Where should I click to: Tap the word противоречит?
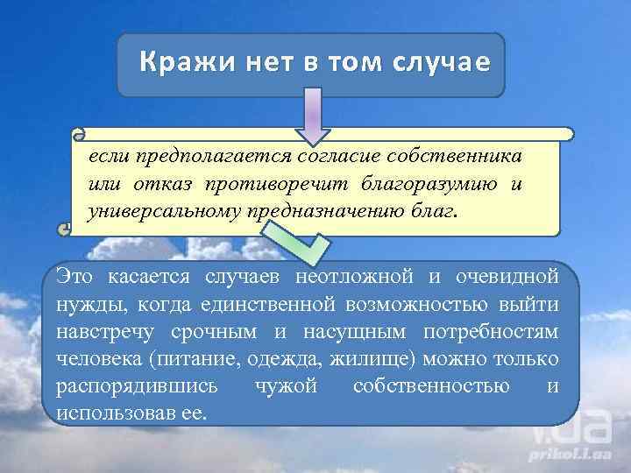click(278, 184)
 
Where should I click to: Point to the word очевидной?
click(507, 279)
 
